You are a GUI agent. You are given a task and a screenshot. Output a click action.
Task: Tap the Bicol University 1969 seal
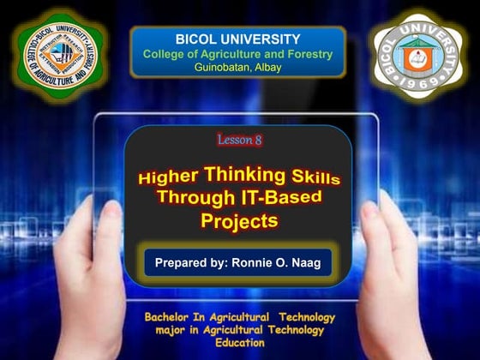point(419,57)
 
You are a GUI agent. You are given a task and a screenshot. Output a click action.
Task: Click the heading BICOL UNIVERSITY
point(237,39)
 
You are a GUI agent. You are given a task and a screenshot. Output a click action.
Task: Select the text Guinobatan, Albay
point(237,68)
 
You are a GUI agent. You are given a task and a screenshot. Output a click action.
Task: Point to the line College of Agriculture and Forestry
point(237,54)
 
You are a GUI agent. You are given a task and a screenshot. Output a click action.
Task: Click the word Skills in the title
point(314,177)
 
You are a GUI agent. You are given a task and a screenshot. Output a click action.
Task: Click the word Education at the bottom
point(239,342)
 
